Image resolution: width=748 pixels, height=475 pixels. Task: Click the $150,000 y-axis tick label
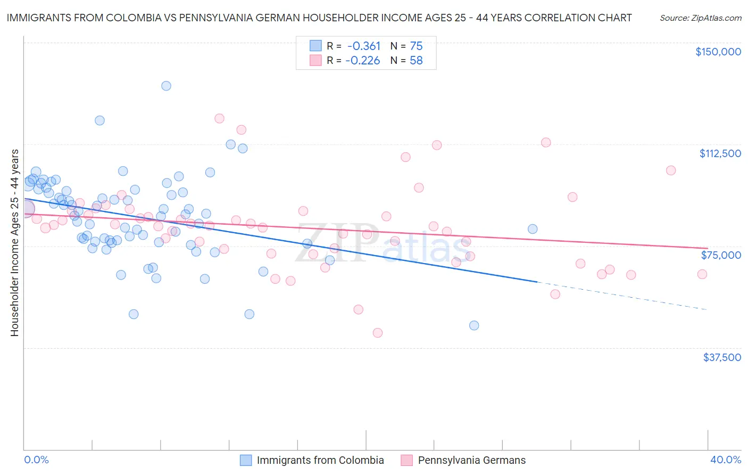pos(718,52)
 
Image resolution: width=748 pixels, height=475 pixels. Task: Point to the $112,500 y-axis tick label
pos(720,153)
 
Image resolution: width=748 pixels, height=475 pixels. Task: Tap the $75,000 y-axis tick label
pos(721,255)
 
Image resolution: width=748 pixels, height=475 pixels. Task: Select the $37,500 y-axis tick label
pos(721,357)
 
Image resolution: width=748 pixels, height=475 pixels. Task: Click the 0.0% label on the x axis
pos(36,460)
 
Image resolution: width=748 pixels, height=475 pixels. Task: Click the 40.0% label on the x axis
pos(725,460)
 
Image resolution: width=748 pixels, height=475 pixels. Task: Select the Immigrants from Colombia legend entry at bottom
pos(320,460)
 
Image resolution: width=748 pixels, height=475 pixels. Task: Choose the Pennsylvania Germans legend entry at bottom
pos(471,460)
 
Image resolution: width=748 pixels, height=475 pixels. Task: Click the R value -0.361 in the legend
pos(363,46)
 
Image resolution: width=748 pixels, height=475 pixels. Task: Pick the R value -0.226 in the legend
pos(363,60)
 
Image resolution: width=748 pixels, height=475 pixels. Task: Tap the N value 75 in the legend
pos(416,46)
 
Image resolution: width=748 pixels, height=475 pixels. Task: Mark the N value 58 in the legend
pos(416,60)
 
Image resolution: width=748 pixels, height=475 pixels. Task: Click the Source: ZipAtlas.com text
pos(700,18)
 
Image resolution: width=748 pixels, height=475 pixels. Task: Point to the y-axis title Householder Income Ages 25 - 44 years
pos(14,243)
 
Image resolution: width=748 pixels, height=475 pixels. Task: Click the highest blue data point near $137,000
pos(166,86)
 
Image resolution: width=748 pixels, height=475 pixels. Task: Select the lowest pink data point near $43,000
pos(378,333)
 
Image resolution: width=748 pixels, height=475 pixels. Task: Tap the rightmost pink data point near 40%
pos(702,274)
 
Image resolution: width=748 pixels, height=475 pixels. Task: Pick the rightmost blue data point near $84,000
pos(532,229)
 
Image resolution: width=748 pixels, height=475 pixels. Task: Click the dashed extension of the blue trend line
pos(622,296)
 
